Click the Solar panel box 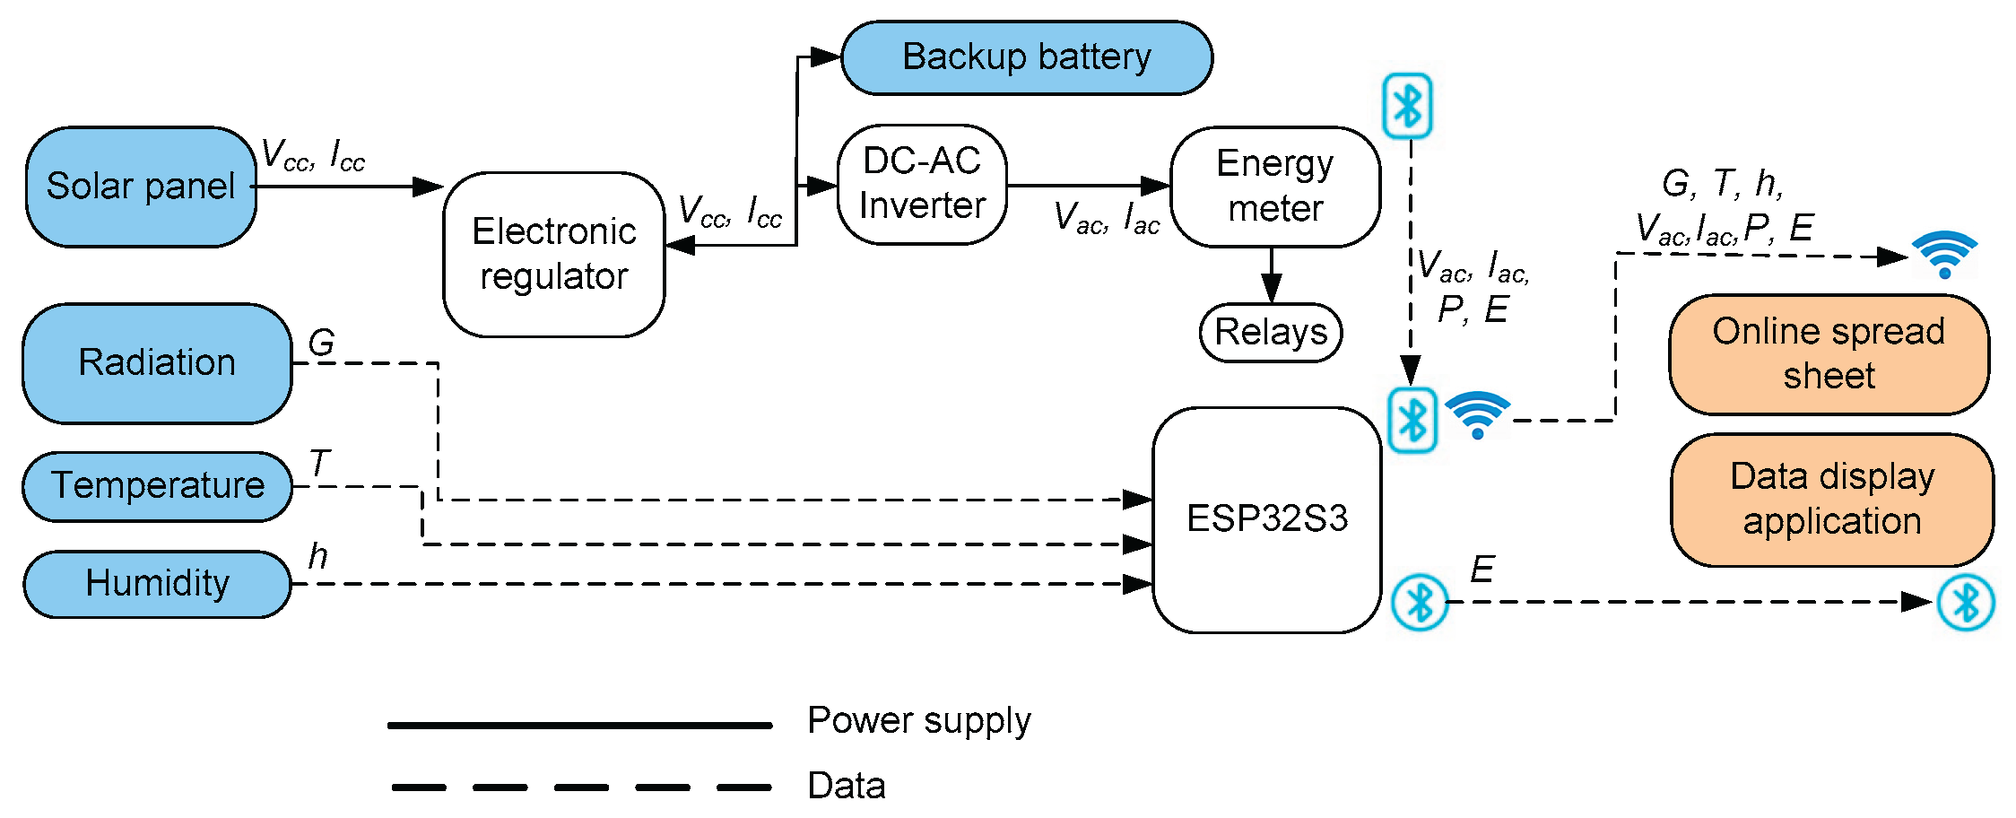[141, 187]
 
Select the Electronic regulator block [553, 254]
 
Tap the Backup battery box [1026, 57]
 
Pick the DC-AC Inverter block [921, 184]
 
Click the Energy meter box [1274, 186]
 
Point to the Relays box [1270, 332]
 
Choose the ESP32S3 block [1266, 519]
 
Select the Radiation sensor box [157, 362]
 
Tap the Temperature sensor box [157, 486]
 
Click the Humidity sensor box [157, 584]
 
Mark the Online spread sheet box [1828, 353]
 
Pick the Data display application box [1831, 499]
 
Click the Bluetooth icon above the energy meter [1407, 106]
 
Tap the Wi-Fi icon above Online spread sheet [1944, 255]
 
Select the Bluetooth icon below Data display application [1965, 602]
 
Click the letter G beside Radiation [321, 342]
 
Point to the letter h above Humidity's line [317, 556]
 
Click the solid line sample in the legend [579, 725]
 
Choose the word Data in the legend [846, 786]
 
